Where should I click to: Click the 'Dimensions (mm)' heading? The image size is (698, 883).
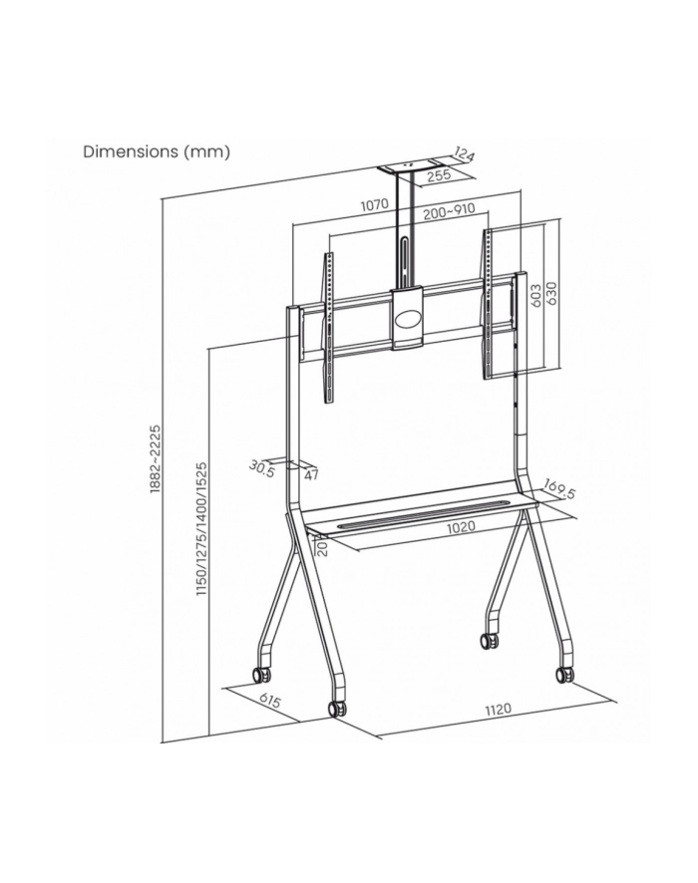(157, 152)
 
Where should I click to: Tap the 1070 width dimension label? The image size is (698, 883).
(375, 205)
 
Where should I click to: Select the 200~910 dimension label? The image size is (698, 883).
(449, 211)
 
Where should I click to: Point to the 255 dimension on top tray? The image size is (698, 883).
(439, 175)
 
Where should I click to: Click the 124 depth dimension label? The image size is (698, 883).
(464, 153)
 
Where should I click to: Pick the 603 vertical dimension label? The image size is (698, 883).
(536, 296)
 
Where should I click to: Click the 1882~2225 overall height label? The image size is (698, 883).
(156, 459)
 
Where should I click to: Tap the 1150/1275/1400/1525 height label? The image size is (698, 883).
(201, 529)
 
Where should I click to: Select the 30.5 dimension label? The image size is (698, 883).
(262, 468)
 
